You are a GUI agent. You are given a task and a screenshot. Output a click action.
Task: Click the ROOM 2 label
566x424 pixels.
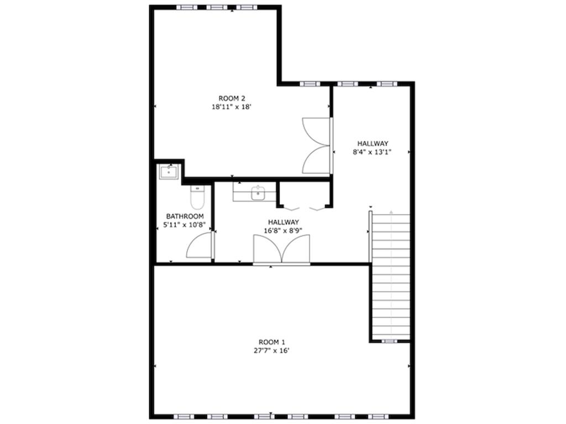[x=232, y=98]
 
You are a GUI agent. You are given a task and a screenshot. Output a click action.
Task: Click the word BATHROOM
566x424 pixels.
[x=185, y=216]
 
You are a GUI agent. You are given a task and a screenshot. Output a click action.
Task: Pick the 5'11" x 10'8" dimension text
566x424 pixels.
[x=185, y=225]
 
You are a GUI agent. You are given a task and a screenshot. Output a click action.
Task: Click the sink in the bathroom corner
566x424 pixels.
[x=168, y=172]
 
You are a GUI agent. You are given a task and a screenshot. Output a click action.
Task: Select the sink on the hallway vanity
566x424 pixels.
[x=258, y=194]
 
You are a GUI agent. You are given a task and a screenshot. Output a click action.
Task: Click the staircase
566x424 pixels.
[x=390, y=276]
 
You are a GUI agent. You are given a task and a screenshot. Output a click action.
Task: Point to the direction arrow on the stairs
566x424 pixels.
[x=391, y=212]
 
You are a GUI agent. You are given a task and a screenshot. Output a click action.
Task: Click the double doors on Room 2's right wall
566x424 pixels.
[x=317, y=146]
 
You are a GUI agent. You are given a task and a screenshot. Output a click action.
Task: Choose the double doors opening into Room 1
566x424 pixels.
[x=282, y=250]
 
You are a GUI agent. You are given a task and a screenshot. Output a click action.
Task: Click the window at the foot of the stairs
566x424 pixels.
[x=390, y=341]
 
